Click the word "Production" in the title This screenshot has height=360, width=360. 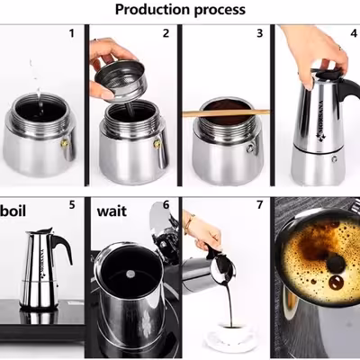(152, 10)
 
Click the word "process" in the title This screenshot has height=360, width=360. (220, 11)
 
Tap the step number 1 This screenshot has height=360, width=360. (71, 33)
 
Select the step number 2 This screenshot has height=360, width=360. (166, 33)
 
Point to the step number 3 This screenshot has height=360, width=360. (260, 33)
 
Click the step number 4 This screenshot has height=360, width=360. (354, 33)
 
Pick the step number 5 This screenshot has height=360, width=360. (72, 205)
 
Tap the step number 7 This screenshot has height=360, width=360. (260, 205)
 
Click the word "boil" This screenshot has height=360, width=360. (13, 211)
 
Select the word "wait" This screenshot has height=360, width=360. (112, 211)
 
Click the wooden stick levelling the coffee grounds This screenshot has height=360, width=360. (226, 113)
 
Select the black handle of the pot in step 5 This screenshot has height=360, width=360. (63, 246)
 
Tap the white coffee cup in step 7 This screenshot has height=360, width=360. (231, 334)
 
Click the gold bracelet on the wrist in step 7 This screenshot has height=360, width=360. (189, 223)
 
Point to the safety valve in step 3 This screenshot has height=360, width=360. (249, 148)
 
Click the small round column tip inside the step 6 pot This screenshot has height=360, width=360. (130, 274)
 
